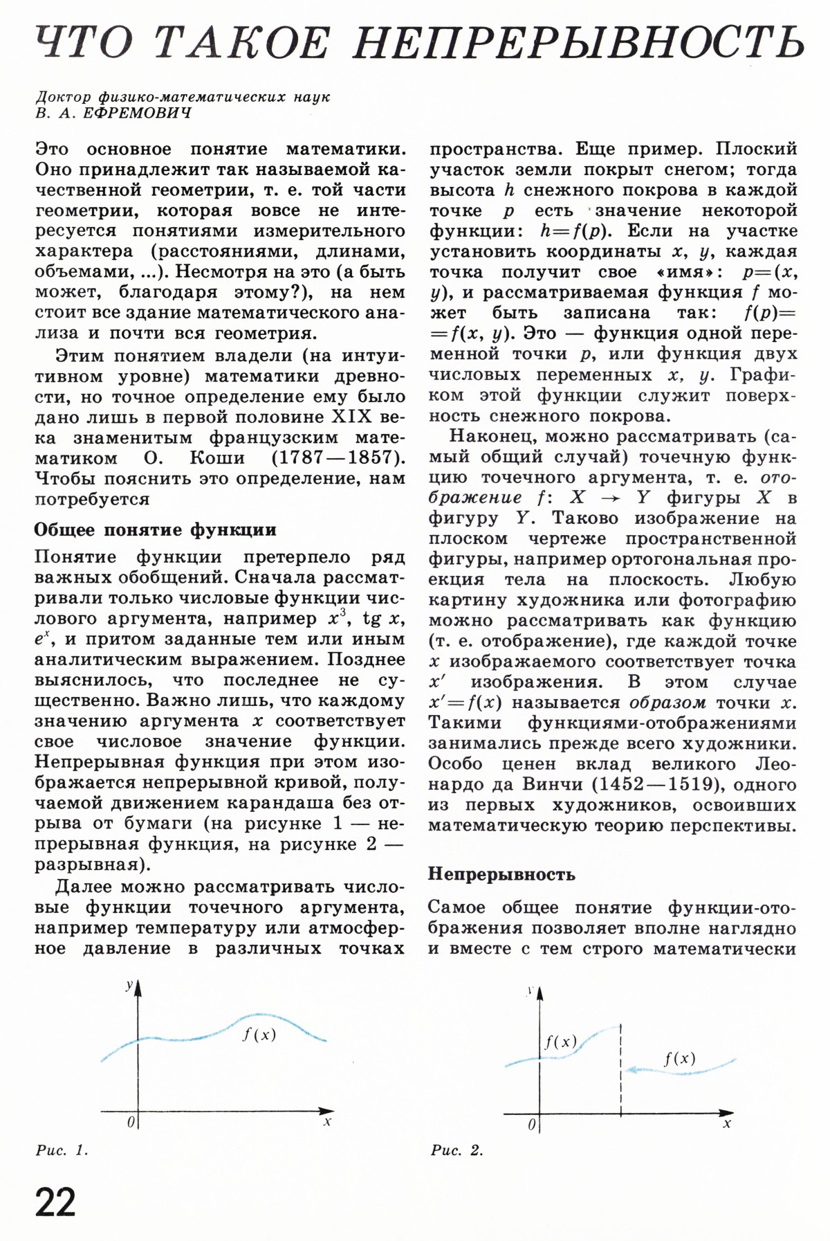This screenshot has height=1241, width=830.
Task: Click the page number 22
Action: [55, 1202]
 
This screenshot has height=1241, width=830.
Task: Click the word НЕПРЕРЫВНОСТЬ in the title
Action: [580, 43]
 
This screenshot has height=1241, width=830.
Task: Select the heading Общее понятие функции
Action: [156, 529]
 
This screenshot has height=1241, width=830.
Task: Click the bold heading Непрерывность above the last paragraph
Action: [501, 873]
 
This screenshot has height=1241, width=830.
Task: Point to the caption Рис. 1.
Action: [62, 1150]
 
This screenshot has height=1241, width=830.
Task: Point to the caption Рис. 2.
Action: [456, 1150]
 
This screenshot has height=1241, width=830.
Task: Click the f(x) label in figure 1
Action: [259, 1035]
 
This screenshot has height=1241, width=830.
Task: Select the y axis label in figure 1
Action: [129, 986]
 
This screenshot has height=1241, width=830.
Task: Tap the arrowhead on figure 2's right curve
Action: [631, 1070]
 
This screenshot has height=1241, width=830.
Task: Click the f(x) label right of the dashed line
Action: [680, 1058]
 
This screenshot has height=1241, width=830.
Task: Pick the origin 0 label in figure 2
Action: [531, 1125]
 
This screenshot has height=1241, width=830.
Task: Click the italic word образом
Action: [667, 703]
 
